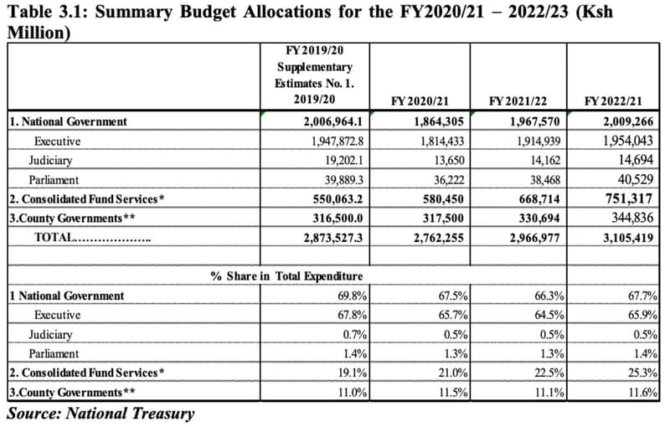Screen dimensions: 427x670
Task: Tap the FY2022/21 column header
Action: (x=616, y=101)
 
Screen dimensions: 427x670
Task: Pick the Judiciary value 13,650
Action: (x=440, y=160)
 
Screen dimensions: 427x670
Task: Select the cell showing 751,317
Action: (x=630, y=198)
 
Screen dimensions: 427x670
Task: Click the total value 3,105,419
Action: (x=627, y=238)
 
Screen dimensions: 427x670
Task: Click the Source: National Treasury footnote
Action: (x=100, y=413)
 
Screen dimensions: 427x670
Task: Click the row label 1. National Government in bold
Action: (x=68, y=121)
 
